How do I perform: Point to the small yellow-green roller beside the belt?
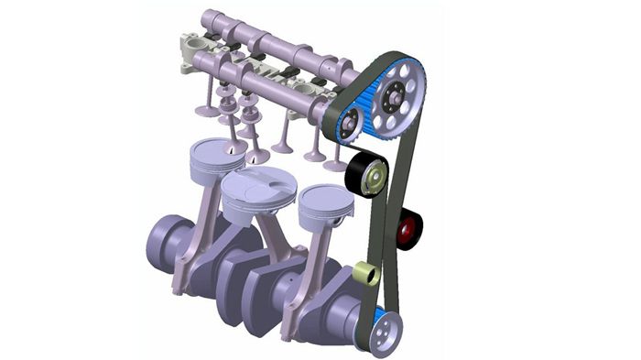364,274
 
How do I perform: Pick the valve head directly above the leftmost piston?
207,111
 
